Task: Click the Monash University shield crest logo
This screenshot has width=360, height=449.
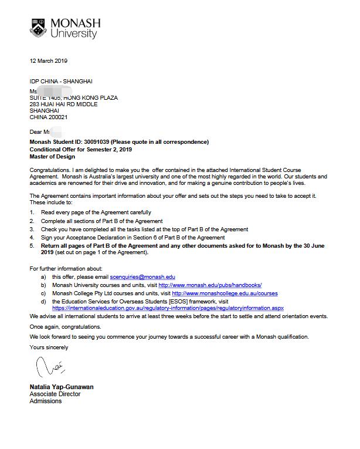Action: tap(39, 28)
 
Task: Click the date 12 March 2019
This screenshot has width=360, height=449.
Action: tap(49, 61)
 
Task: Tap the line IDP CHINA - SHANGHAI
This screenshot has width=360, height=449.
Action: tap(61, 81)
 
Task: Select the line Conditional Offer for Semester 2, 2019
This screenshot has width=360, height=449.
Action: tap(81, 150)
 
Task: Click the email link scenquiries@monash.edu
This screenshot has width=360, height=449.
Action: tap(142, 276)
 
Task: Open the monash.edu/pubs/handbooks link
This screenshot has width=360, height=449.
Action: tap(210, 285)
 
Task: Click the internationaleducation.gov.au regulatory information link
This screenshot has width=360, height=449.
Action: tap(168, 308)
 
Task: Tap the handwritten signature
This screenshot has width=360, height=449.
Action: tap(50, 369)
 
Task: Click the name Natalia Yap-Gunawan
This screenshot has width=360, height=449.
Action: tap(61, 387)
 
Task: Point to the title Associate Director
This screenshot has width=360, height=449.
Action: tap(55, 394)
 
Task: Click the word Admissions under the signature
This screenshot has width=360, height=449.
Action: tap(46, 401)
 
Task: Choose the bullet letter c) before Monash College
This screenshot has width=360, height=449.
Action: tap(43, 293)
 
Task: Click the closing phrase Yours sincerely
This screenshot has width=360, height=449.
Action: tap(49, 347)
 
